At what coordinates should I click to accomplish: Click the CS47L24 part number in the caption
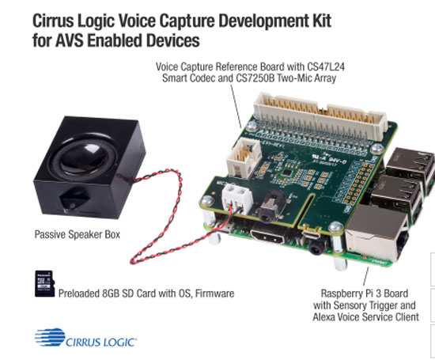(x=325, y=67)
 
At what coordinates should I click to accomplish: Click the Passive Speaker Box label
(x=78, y=234)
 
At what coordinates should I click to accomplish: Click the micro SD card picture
(x=44, y=284)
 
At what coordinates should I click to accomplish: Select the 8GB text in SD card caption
(x=112, y=294)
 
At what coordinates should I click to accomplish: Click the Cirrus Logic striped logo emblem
(x=50, y=337)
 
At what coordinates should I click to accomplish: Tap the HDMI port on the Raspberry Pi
(x=267, y=237)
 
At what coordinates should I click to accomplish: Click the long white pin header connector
(x=320, y=116)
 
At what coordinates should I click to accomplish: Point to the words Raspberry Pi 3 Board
(x=365, y=294)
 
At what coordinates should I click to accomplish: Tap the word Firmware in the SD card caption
(x=214, y=294)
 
